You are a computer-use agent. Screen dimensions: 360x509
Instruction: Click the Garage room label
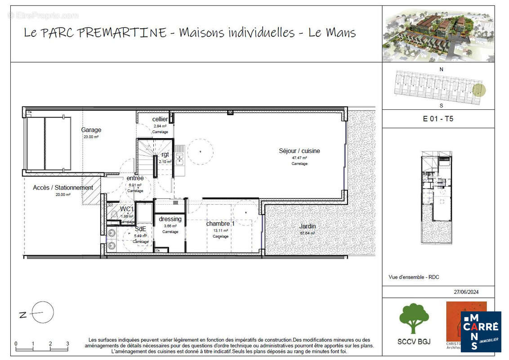point(91,130)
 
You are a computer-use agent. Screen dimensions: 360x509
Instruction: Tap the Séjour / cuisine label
point(299,151)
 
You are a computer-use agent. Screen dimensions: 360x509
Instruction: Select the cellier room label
point(160,119)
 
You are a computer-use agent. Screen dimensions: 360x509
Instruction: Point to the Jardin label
point(308,226)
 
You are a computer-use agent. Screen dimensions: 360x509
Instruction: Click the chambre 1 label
point(220,224)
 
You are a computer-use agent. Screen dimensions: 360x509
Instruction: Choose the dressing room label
point(170,219)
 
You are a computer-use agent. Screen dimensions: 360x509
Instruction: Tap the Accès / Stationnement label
point(63,188)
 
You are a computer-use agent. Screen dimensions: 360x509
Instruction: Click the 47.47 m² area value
point(299,158)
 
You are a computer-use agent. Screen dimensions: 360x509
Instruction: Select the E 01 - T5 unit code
point(438,119)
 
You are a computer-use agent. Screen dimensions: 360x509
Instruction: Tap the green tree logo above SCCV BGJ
point(414,318)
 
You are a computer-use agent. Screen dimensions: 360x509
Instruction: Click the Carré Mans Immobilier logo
point(481,332)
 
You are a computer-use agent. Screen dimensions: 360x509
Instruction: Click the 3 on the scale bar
point(67,344)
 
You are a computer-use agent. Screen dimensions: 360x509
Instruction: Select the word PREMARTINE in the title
point(128,33)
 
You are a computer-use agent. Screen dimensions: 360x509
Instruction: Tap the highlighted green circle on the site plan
point(480,90)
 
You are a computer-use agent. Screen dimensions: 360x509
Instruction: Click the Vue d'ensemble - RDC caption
point(414,277)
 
